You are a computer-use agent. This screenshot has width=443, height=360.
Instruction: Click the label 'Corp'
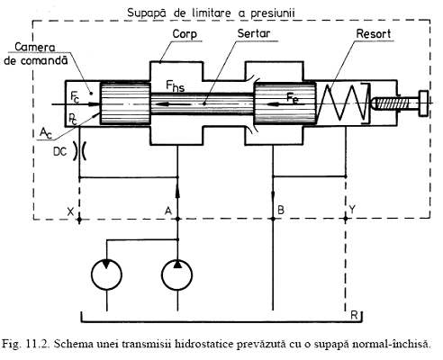pos(185,34)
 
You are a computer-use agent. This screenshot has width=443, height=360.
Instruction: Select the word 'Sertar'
pos(254,33)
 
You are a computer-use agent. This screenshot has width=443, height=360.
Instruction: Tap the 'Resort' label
pos(374,33)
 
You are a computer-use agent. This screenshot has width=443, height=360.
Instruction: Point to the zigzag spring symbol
pos(342,103)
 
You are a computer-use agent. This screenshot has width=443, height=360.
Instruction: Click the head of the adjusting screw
pos(423,103)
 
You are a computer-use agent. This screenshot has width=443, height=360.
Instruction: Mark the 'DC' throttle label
pos(60,152)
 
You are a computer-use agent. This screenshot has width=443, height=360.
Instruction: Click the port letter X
pos(70,211)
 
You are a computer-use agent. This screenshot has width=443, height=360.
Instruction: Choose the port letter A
pos(168,211)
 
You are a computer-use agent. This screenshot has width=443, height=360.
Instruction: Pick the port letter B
pos(281,210)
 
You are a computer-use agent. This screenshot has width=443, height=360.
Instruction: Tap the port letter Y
pos(352,209)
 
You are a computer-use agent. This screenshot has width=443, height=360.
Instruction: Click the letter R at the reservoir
pos(354,316)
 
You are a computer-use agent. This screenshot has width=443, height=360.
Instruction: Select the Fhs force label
pos(176,86)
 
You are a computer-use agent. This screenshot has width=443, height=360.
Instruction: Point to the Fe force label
pos(293,98)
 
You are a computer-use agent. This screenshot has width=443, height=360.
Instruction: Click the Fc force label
pos(75,96)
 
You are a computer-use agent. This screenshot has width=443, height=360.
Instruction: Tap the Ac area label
pos(46,133)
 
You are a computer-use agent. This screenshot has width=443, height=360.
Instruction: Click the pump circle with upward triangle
pos(177,274)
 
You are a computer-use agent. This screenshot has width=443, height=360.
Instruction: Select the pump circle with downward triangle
pos(106,274)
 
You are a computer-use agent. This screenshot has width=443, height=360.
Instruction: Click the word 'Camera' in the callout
pos(35,47)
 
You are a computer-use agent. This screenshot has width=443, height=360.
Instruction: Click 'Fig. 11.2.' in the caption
pos(25,344)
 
